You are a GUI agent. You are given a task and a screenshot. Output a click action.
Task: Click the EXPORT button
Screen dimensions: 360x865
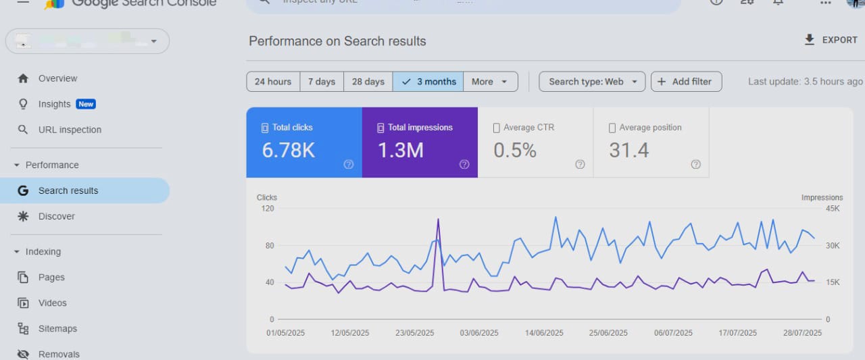(x=831, y=40)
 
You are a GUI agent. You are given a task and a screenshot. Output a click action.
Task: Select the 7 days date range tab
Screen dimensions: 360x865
(x=322, y=82)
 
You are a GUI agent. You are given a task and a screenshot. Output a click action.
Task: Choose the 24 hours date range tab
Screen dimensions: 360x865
(x=273, y=82)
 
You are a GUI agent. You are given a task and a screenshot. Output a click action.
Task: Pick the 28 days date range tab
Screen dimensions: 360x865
(x=368, y=82)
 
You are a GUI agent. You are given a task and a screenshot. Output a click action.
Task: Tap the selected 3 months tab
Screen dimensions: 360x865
(x=428, y=82)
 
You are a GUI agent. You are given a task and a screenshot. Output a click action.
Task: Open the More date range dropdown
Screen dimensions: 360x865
(x=490, y=82)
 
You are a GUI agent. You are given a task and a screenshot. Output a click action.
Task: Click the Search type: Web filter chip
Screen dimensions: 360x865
(x=592, y=82)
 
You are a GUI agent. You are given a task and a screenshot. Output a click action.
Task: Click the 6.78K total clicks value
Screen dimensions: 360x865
(x=289, y=150)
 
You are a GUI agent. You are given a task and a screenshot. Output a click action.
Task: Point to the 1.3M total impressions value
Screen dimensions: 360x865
(x=401, y=150)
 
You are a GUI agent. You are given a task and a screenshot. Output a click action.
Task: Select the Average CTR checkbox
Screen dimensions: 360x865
(x=497, y=128)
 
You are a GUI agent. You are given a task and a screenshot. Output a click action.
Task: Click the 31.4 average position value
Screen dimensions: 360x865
(x=629, y=150)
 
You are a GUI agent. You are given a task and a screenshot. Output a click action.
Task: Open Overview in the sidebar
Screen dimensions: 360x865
(x=57, y=78)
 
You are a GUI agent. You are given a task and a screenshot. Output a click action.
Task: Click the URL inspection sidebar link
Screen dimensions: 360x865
(x=70, y=130)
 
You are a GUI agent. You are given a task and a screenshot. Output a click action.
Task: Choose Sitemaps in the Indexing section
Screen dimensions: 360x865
(x=57, y=329)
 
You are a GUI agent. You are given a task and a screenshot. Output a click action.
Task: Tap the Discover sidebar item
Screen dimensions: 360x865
(x=56, y=216)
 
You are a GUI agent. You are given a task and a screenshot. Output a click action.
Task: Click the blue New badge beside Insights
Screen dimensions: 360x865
(x=86, y=104)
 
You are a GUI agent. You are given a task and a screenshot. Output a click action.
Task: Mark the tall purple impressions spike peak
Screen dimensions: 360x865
(x=439, y=220)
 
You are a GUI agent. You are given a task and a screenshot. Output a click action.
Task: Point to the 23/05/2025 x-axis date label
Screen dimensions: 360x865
(x=414, y=333)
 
